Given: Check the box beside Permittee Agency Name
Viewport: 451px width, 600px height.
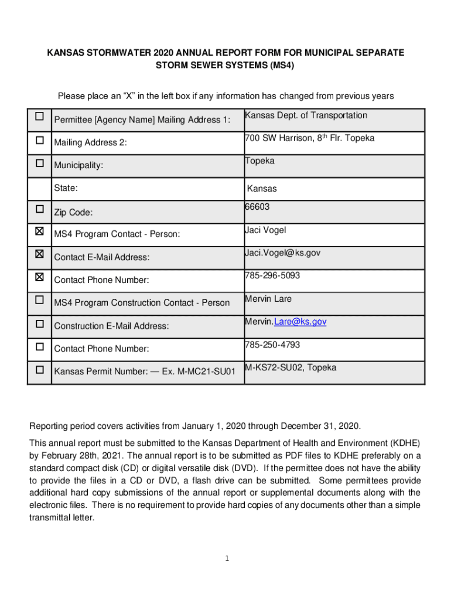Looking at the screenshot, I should pos(39,116).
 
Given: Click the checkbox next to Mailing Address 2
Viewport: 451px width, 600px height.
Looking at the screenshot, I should pos(39,140).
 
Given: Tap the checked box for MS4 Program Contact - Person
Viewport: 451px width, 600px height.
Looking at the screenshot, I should pos(39,231).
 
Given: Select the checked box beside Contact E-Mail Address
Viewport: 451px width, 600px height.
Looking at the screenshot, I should pos(39,254).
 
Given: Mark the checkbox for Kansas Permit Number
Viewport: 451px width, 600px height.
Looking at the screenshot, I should pos(39,370).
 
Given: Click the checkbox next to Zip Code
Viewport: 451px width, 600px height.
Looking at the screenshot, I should pos(39,209).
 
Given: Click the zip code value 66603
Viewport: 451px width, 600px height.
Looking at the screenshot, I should pos(257,207).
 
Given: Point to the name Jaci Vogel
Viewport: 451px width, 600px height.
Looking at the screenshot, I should pos(265,230).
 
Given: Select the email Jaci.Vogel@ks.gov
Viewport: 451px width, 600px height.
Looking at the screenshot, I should pos(283,253).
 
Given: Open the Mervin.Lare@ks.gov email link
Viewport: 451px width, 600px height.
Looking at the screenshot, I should pos(285,322).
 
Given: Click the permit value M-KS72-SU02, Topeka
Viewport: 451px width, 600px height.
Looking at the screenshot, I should pos(291,367).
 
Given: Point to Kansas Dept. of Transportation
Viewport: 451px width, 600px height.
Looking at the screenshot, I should pos(306,115).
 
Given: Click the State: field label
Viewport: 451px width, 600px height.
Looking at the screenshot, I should pos(66,188).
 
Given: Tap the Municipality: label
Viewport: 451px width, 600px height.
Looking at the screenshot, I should pos(78,165).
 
